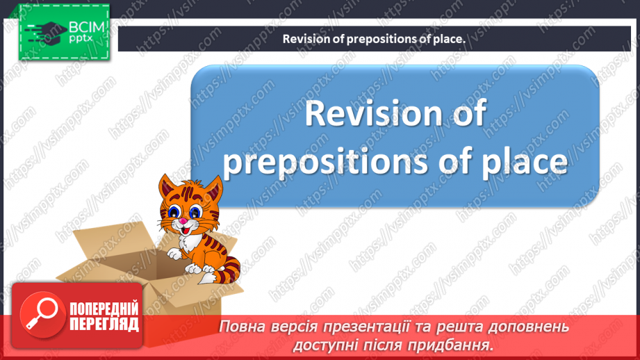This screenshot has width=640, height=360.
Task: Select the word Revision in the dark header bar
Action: pyautogui.click(x=305, y=40)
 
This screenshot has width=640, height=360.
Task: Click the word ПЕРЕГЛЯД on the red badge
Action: pyautogui.click(x=104, y=325)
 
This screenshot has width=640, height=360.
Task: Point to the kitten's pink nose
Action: pyautogui.click(x=182, y=222)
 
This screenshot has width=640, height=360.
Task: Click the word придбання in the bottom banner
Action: pyautogui.click(x=459, y=344)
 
